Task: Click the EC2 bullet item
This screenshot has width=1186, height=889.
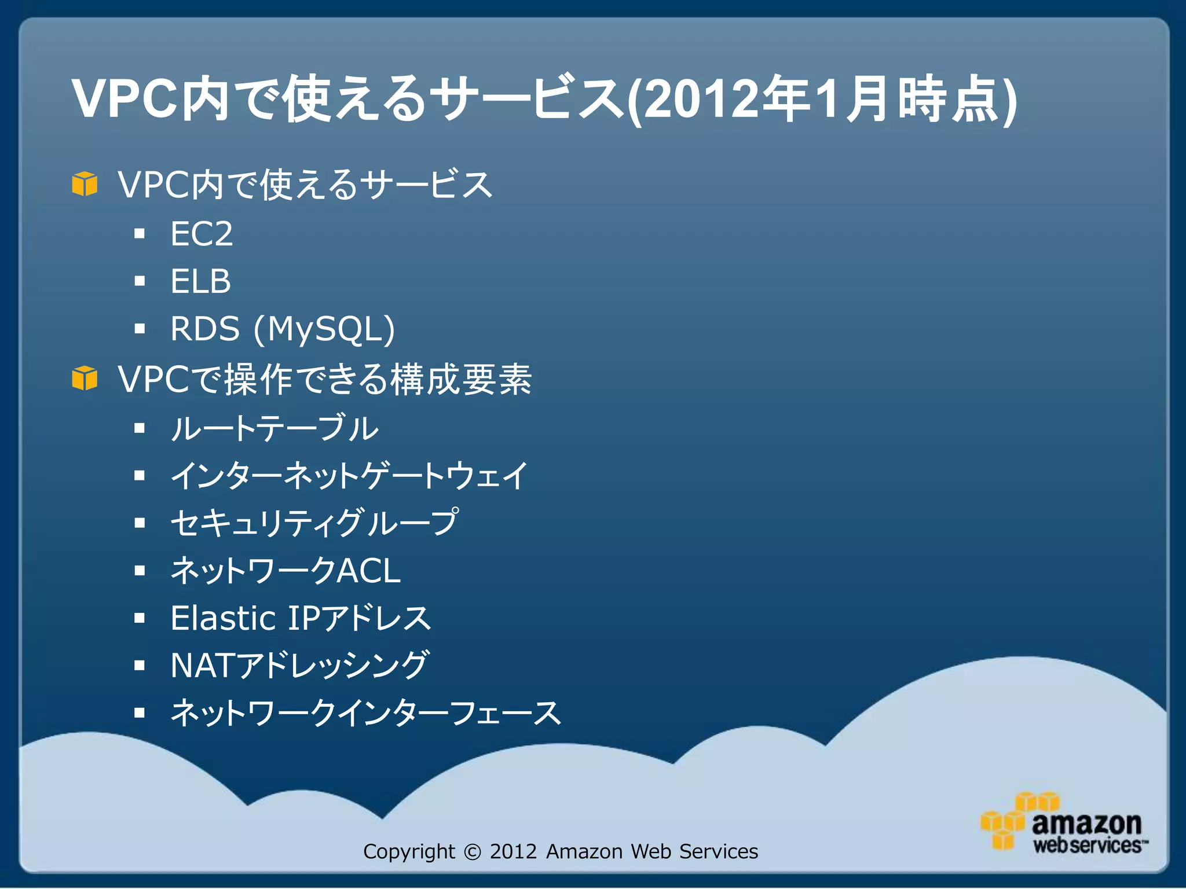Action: pyautogui.click(x=201, y=234)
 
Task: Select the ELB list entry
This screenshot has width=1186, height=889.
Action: pyautogui.click(x=200, y=281)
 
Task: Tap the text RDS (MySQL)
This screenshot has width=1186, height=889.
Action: pyautogui.click(x=282, y=329)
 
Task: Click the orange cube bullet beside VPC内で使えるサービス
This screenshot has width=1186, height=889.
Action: pyautogui.click(x=85, y=184)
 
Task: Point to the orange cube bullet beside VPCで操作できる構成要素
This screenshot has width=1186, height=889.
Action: pyautogui.click(x=85, y=379)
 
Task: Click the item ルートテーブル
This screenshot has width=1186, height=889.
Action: pyautogui.click(x=274, y=428)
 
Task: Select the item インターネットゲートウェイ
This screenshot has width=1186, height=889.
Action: pyautogui.click(x=349, y=476)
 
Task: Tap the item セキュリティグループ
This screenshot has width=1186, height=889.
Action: pyautogui.click(x=314, y=523)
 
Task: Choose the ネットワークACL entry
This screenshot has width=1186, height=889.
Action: pyautogui.click(x=285, y=571)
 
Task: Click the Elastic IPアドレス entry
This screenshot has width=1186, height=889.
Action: pyautogui.click(x=301, y=618)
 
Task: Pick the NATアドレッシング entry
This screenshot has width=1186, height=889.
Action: pyautogui.click(x=299, y=665)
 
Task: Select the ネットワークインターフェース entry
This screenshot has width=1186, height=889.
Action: pyautogui.click(x=365, y=712)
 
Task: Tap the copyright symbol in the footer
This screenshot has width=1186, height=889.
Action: pyautogui.click(x=473, y=852)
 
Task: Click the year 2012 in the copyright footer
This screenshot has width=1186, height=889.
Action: pyautogui.click(x=513, y=852)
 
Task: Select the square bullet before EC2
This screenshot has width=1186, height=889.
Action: pyautogui.click(x=139, y=234)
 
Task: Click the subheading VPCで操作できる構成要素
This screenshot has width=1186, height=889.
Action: pyautogui.click(x=324, y=380)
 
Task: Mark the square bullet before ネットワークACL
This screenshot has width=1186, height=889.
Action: pyautogui.click(x=139, y=571)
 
